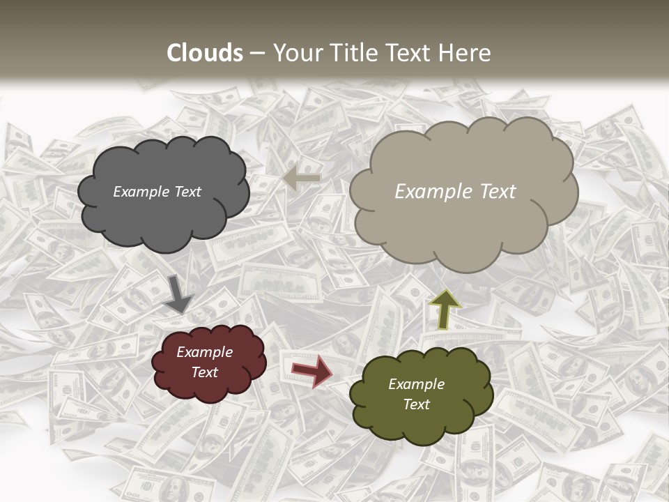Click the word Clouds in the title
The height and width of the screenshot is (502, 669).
[x=205, y=53]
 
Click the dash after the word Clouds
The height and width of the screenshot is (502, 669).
[x=256, y=54]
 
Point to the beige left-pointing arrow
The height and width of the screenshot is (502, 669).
[x=302, y=178]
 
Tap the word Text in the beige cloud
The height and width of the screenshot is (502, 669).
[x=495, y=192]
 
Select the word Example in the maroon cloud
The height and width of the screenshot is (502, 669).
[x=204, y=353]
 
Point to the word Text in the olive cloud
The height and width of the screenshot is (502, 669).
[x=416, y=404]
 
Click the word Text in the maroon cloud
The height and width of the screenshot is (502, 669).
[x=204, y=372]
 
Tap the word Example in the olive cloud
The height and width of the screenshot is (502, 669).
[x=416, y=384]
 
